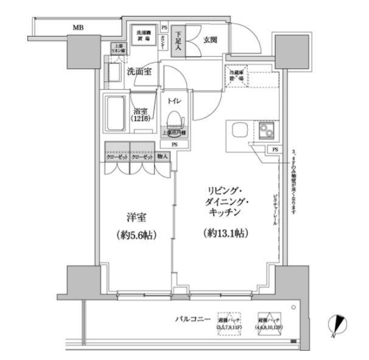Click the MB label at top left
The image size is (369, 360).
tap(79, 27)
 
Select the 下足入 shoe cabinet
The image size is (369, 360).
tap(178, 42)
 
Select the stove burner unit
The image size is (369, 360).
tap(267, 130)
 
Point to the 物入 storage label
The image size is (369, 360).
tap(163, 157)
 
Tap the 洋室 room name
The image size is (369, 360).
tap(135, 217)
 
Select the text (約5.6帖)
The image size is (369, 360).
tap(135, 235)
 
